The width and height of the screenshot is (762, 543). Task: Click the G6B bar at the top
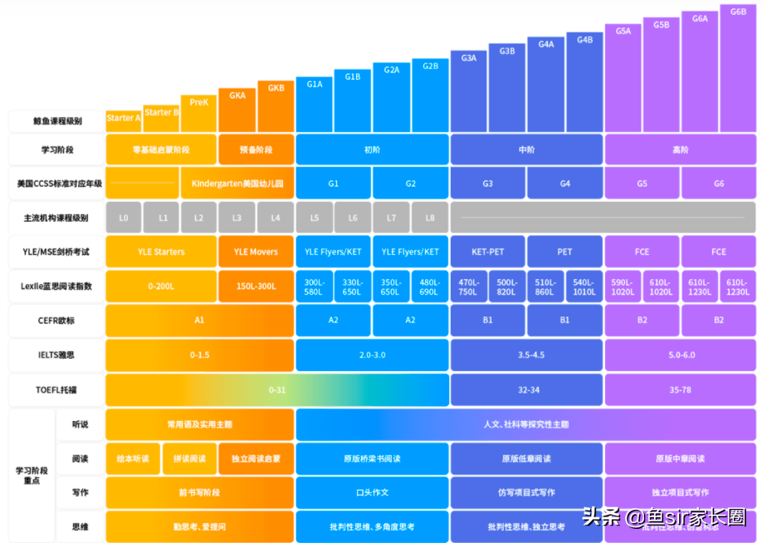pos(738,66)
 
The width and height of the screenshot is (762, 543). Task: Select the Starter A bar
pos(124,120)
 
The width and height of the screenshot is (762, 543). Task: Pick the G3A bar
pos(469,91)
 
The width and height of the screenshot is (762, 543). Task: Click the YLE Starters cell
pos(162,252)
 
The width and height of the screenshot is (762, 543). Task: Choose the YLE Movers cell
pos(256,252)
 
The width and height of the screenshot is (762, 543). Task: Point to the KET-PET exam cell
pos(487,252)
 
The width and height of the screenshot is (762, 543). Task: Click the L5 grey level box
pos(315,218)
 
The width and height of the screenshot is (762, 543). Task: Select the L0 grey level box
pos(124,218)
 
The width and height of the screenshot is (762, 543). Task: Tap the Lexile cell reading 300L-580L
pos(315,286)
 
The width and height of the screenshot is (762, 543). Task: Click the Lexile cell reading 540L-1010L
pos(584,286)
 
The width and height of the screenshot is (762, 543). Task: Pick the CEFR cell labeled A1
pos(199,320)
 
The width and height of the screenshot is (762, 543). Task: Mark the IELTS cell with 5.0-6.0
pos(681,355)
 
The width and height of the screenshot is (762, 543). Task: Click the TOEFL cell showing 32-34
pos(526,389)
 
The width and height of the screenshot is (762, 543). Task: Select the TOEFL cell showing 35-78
pos(681,389)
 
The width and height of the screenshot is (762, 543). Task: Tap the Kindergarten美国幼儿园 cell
pos(237,183)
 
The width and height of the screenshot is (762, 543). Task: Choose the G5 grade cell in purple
pos(642,183)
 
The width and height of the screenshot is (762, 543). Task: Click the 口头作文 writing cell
pos(372,492)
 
